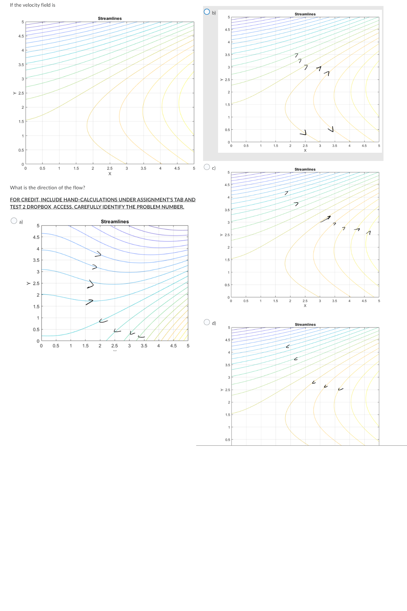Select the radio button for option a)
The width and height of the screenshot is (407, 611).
(14, 221)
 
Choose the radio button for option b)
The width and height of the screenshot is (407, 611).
(207, 12)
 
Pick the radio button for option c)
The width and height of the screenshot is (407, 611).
(207, 167)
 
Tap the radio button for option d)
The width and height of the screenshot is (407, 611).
(207, 322)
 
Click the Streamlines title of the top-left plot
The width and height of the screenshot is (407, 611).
(110, 18)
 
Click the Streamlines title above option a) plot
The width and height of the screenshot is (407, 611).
(115, 221)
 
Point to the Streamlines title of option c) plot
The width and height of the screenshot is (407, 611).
(305, 169)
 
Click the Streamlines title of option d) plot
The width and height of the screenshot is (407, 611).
(305, 324)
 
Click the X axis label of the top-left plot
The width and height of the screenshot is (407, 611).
(110, 174)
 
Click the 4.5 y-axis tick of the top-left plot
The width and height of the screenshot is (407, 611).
(21, 36)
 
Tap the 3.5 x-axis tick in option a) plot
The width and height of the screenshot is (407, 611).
(144, 346)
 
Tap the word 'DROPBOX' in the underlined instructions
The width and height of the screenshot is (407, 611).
(39, 207)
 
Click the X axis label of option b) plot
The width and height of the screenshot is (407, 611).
(305, 150)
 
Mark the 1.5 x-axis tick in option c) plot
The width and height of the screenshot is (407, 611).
(275, 301)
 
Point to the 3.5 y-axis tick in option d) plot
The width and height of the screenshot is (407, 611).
(227, 365)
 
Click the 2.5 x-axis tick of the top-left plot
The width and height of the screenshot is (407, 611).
(110, 168)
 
